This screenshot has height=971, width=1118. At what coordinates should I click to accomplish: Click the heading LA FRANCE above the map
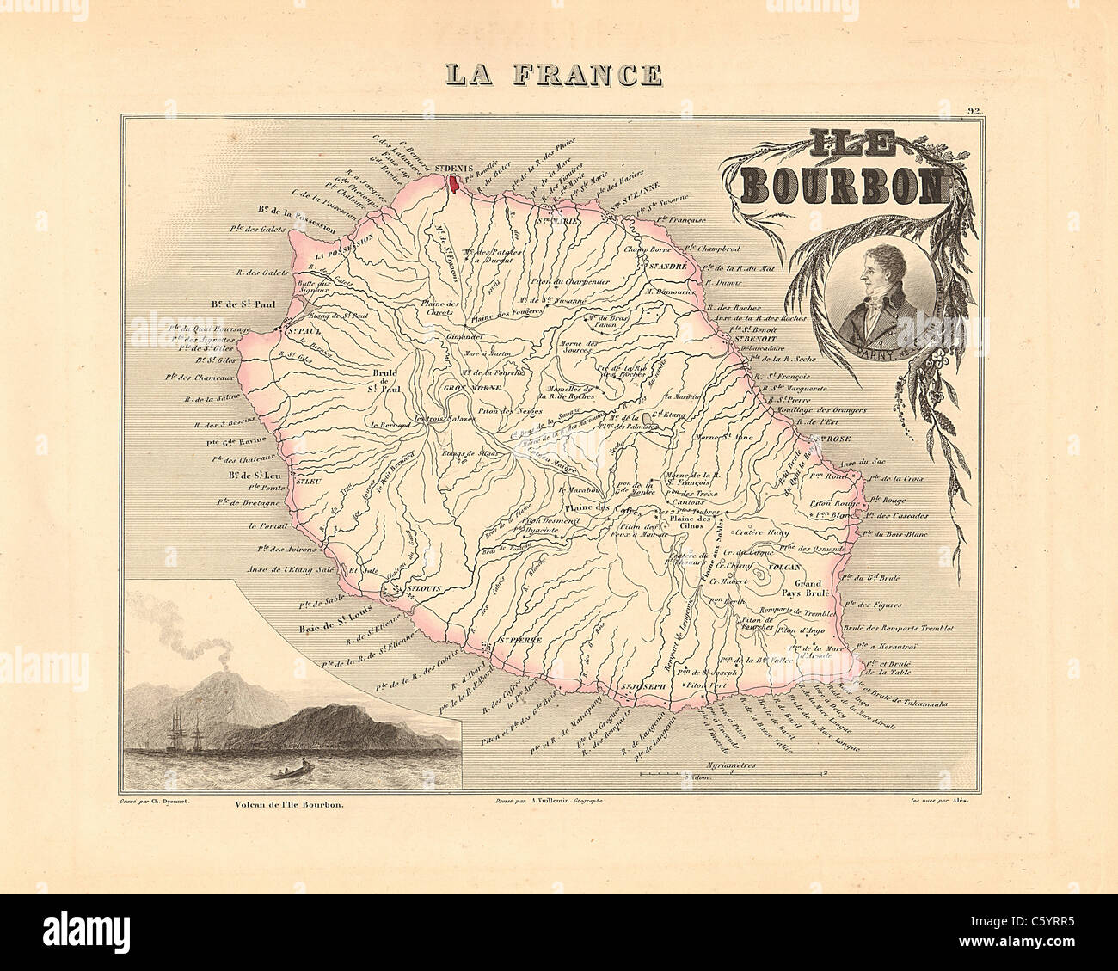click(553, 75)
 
